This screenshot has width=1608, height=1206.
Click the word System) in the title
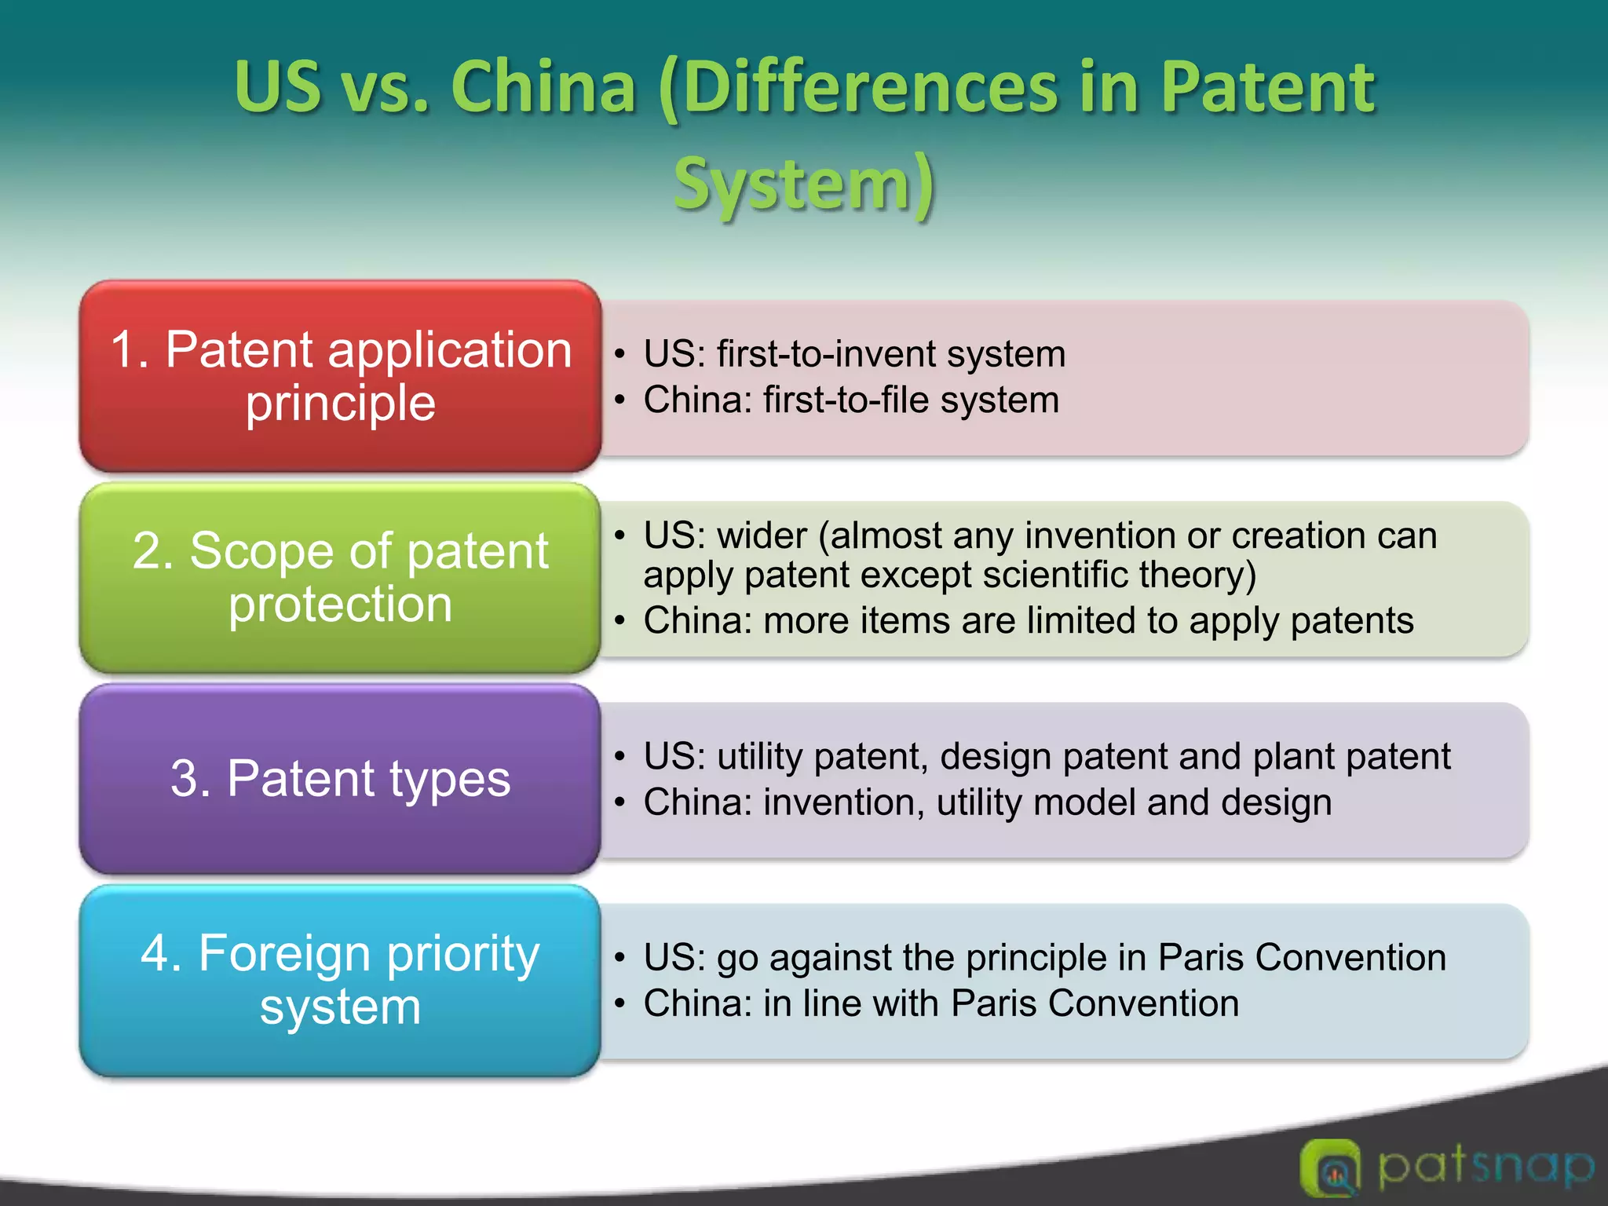point(804,185)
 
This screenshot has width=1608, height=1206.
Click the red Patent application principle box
point(340,376)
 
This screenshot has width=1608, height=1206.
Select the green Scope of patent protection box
point(340,577)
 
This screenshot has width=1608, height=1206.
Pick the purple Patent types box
point(340,779)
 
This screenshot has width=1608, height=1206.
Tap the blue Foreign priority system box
point(340,980)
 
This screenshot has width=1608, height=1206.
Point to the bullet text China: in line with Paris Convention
point(941,1003)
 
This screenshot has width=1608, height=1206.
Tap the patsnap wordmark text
point(1486,1167)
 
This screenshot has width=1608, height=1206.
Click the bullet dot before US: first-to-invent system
point(619,355)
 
